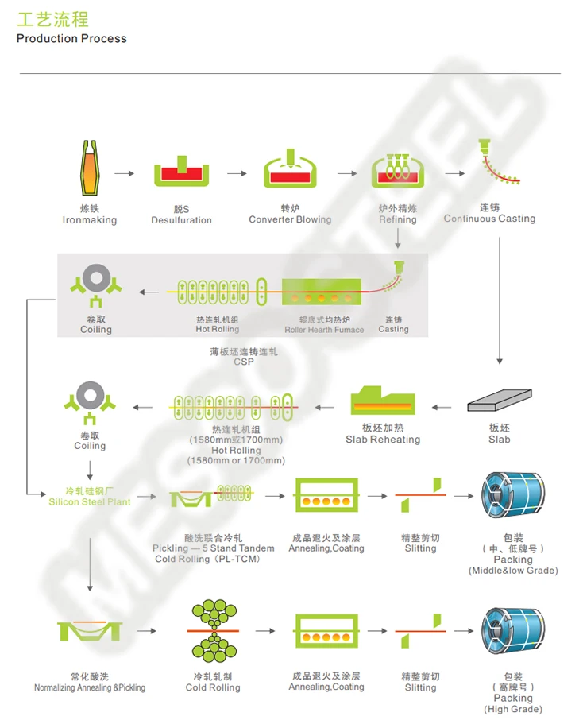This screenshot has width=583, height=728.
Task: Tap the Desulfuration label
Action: tap(181, 220)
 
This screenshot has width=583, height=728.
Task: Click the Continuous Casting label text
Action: tap(489, 219)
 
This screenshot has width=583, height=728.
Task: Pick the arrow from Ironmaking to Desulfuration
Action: tap(124, 172)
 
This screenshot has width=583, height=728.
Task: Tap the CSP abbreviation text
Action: tap(244, 362)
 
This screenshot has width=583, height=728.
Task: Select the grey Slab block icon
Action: tap(499, 400)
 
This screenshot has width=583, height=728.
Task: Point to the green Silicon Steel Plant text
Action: tap(90, 501)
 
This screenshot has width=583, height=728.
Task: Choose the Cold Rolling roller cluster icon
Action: tap(212, 631)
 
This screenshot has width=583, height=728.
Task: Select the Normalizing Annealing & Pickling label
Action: tap(90, 687)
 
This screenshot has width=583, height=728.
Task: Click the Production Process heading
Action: tap(71, 38)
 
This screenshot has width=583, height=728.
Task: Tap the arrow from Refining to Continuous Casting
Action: tap(454, 172)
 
